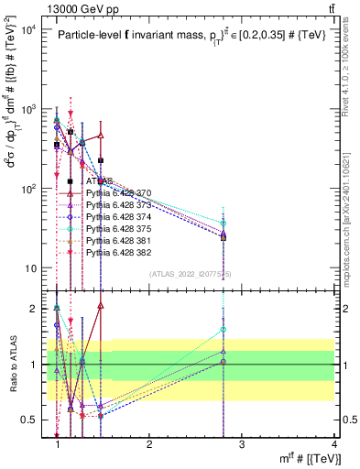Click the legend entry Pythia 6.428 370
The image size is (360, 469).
pyautogui.click(x=119, y=193)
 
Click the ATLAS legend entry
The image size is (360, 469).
pyautogui.click(x=101, y=181)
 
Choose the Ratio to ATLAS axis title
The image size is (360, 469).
pyautogui.click(x=13, y=364)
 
